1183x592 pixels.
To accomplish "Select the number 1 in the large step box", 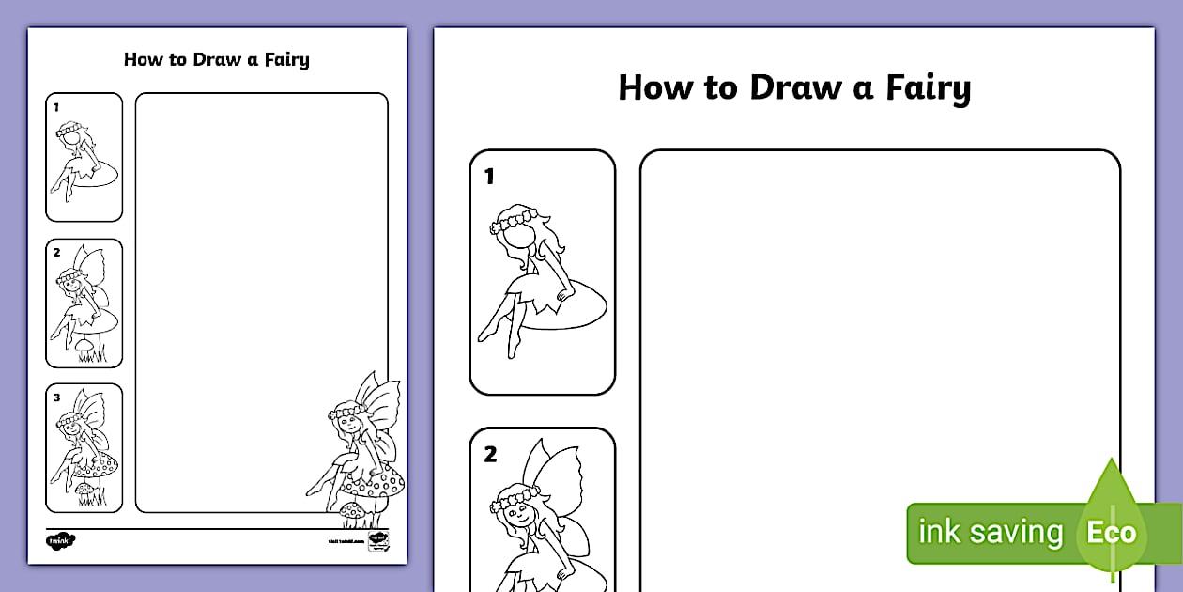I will [x=489, y=177].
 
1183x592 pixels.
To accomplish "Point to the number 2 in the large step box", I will [x=490, y=455].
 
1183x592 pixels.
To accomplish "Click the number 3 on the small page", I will [x=56, y=397].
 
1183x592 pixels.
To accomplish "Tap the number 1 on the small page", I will [x=56, y=107].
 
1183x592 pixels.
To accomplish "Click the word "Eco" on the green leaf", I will [x=1112, y=534].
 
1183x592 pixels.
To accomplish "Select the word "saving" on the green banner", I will [x=1015, y=533].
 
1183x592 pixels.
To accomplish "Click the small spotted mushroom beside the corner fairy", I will [x=352, y=509].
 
